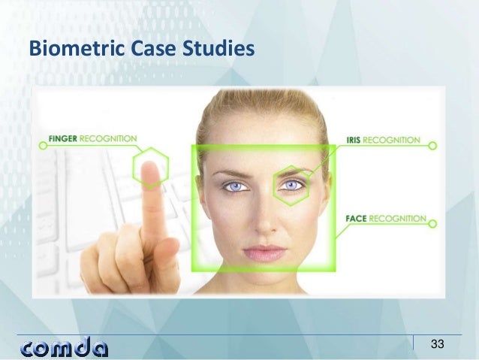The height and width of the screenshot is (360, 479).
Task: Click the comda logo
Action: click(x=65, y=347)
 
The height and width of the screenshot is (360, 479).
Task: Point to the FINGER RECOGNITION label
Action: click(x=92, y=139)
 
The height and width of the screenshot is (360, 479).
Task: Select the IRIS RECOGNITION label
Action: click(x=383, y=140)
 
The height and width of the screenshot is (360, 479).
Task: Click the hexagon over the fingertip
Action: click(x=151, y=167)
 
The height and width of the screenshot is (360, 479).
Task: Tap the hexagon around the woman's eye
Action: click(x=291, y=185)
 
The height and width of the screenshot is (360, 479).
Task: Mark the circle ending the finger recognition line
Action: click(x=43, y=146)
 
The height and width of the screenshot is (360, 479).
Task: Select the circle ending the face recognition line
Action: click(x=435, y=221)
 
